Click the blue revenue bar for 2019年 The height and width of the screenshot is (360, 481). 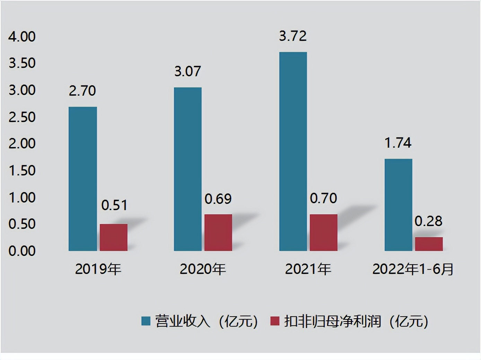point(82,179)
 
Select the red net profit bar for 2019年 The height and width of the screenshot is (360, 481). point(114,237)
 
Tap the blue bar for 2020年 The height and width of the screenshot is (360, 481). point(188,169)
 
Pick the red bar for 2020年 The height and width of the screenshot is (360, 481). point(218,232)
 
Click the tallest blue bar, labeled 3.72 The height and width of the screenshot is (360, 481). point(293,151)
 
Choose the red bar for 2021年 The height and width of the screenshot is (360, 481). point(323,232)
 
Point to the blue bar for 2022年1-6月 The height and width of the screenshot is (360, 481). point(399,205)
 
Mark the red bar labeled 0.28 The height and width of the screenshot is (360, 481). point(429,244)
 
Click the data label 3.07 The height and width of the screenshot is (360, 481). point(187,71)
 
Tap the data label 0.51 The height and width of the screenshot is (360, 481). point(114,205)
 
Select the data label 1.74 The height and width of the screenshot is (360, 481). point(398,143)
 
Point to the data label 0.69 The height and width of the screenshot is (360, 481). point(218,199)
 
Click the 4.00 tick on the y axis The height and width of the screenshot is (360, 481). point(22,36)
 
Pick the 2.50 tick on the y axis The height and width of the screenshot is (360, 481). point(22,117)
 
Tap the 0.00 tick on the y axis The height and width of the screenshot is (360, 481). point(22,251)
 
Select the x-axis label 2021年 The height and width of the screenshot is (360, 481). point(308,269)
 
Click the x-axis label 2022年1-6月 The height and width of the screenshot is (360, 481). point(413,269)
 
